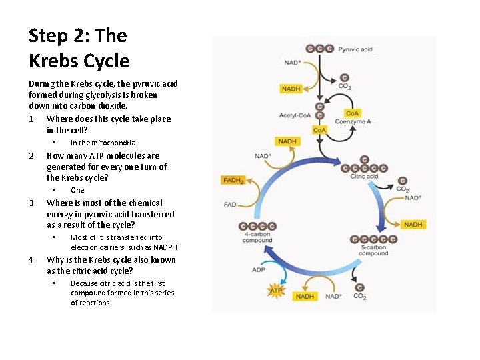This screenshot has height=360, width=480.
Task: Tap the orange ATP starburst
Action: pos(275,291)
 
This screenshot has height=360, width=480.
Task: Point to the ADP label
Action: pos(259,270)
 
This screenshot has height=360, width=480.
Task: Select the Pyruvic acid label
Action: pos(355,49)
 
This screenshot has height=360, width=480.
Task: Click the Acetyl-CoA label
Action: pos(295,116)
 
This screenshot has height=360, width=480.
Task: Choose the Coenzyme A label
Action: pos(353,122)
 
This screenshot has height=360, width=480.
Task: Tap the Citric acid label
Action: pos(364,177)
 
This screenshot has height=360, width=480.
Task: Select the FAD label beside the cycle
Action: pos(231,204)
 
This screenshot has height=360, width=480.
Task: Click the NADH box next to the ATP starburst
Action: pos(305,296)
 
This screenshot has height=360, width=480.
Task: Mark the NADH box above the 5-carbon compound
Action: pos(413,225)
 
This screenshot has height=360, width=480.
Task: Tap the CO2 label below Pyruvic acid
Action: pos(345,86)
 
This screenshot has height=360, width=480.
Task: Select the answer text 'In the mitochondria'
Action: pos(103,143)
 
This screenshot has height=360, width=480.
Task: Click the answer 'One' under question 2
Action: pos(77,190)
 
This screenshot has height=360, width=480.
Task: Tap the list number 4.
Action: pos(32,260)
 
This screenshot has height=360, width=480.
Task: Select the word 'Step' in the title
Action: pos(50,35)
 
